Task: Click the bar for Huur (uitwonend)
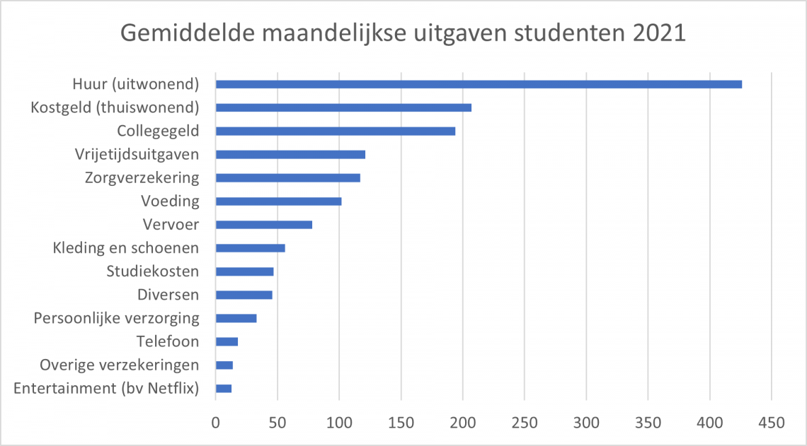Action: tap(479, 84)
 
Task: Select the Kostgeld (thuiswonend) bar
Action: tap(343, 107)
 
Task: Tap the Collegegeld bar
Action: tap(336, 131)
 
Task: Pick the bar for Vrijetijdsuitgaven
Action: tap(290, 154)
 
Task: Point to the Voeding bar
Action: tap(278, 201)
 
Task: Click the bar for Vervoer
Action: tap(264, 225)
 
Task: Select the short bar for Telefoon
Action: tap(227, 341)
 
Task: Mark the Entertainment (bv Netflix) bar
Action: tap(224, 388)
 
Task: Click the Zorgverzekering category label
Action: tap(142, 177)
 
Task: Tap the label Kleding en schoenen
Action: tap(126, 248)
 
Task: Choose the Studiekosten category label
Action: tap(153, 271)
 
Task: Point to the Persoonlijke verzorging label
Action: tap(117, 318)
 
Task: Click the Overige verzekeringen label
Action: tap(120, 365)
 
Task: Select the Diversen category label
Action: tap(168, 295)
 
